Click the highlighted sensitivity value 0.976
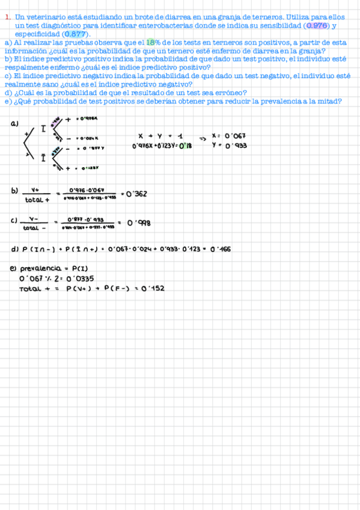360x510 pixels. [x=316, y=26]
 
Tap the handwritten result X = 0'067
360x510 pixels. [x=229, y=136]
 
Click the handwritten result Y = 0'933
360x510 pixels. [x=229, y=146]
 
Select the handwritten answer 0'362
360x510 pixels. [x=135, y=194]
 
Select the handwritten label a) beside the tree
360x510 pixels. [x=14, y=124]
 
